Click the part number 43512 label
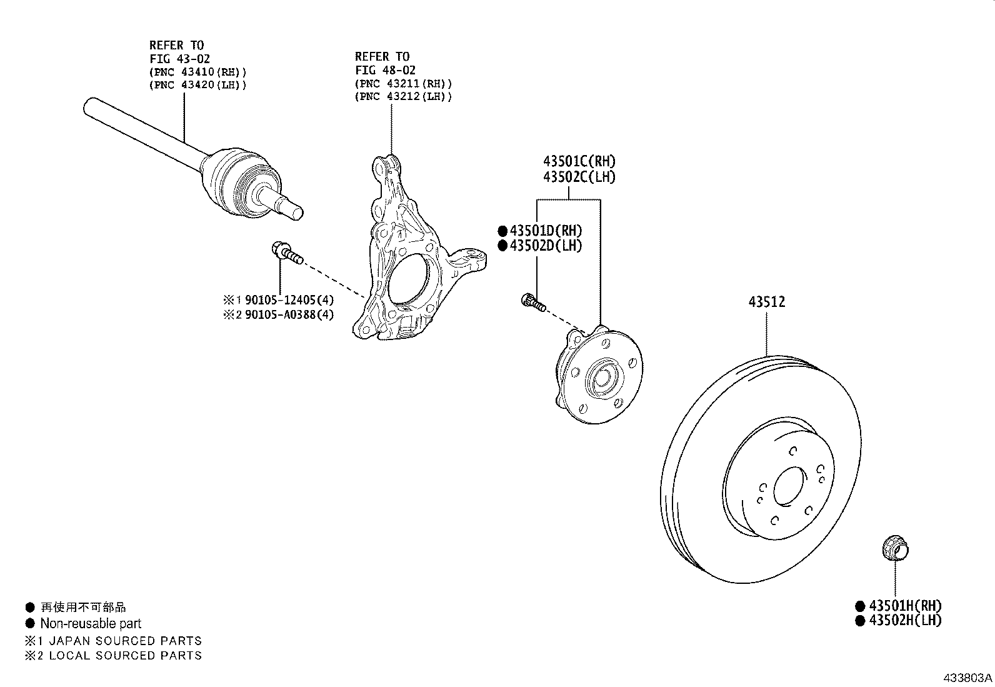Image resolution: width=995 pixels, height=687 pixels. pyautogui.click(x=767, y=302)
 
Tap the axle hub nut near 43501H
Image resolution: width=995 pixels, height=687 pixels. pyautogui.click(x=894, y=549)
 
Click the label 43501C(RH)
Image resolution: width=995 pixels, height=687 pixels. pyautogui.click(x=579, y=161)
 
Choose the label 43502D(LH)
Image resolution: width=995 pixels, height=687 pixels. pyautogui.click(x=546, y=246)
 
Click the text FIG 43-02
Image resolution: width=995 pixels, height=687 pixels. pyautogui.click(x=179, y=59)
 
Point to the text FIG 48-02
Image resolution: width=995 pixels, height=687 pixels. pyautogui.click(x=385, y=70)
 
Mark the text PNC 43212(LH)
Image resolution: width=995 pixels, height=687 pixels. pyautogui.click(x=403, y=96)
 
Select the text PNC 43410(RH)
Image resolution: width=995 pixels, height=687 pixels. pyautogui.click(x=198, y=72)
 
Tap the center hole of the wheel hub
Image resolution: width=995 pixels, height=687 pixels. pyautogui.click(x=602, y=379)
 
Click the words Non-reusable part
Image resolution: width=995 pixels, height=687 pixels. pyautogui.click(x=91, y=623)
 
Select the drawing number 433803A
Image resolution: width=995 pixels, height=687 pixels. pyautogui.click(x=967, y=677)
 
